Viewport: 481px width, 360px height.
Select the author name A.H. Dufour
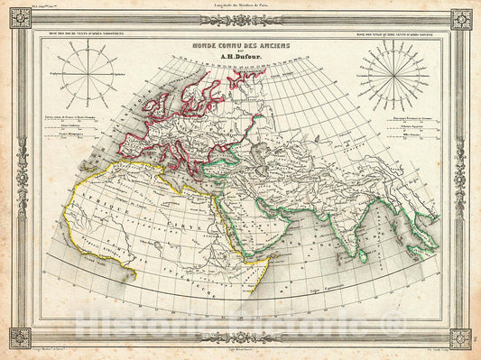tap(236, 61)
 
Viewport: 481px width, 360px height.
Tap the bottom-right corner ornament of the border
tap(461, 339)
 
